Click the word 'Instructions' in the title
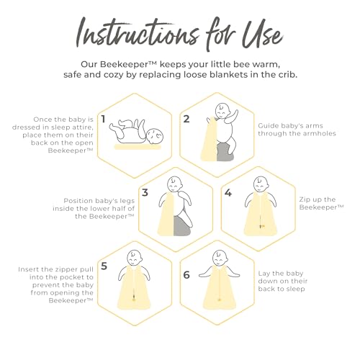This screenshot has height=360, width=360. click(138, 34)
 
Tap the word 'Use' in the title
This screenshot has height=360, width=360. click(262, 34)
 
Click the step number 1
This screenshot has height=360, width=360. click(103, 119)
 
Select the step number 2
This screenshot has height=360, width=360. click(186, 119)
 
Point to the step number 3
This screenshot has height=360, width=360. click(145, 192)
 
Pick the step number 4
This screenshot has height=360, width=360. click(228, 192)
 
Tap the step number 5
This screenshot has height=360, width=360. click(104, 266)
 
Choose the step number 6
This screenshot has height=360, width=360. click(186, 275)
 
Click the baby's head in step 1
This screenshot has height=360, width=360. click(155, 136)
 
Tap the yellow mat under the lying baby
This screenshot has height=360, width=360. click(138, 147)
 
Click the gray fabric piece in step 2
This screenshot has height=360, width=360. click(225, 152)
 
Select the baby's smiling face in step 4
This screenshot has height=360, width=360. click(261, 184)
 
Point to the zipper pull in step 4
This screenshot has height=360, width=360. click(262, 225)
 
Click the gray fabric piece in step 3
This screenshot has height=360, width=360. click(182, 225)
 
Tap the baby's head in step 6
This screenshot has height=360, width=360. click(220, 258)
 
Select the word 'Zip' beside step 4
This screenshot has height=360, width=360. click(305, 200)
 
